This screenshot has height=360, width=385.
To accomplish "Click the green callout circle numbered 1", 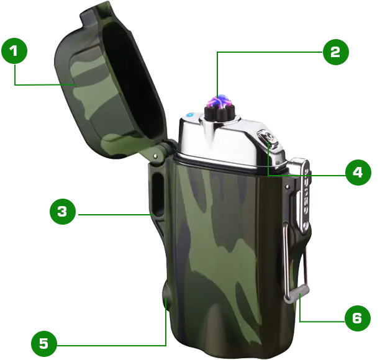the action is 14,51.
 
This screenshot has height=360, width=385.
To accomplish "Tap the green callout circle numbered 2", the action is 336,52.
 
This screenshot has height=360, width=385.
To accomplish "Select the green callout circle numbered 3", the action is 63,212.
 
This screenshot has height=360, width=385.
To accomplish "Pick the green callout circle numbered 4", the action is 358,173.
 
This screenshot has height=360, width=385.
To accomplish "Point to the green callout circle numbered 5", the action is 44,343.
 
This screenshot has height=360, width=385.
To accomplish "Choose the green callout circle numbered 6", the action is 358,318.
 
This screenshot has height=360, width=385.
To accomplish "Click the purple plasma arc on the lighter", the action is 219,101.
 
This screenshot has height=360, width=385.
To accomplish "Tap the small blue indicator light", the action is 189,115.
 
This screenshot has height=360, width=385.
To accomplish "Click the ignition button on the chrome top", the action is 268,137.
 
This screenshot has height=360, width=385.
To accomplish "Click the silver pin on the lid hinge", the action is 155,156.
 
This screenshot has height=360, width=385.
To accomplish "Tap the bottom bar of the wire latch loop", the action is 296,294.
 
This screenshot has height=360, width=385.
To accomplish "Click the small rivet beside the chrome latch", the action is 288,187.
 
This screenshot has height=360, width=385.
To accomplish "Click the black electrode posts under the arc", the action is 220,113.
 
